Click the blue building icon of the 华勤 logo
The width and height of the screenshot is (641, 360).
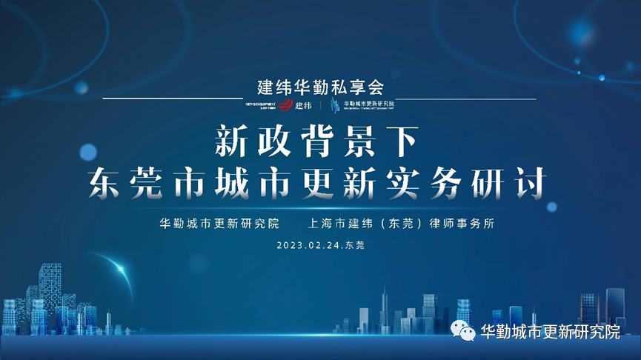(x=336, y=104)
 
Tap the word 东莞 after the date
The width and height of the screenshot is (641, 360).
(x=355, y=244)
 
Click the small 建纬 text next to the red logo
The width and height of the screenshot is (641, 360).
(x=304, y=105)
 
